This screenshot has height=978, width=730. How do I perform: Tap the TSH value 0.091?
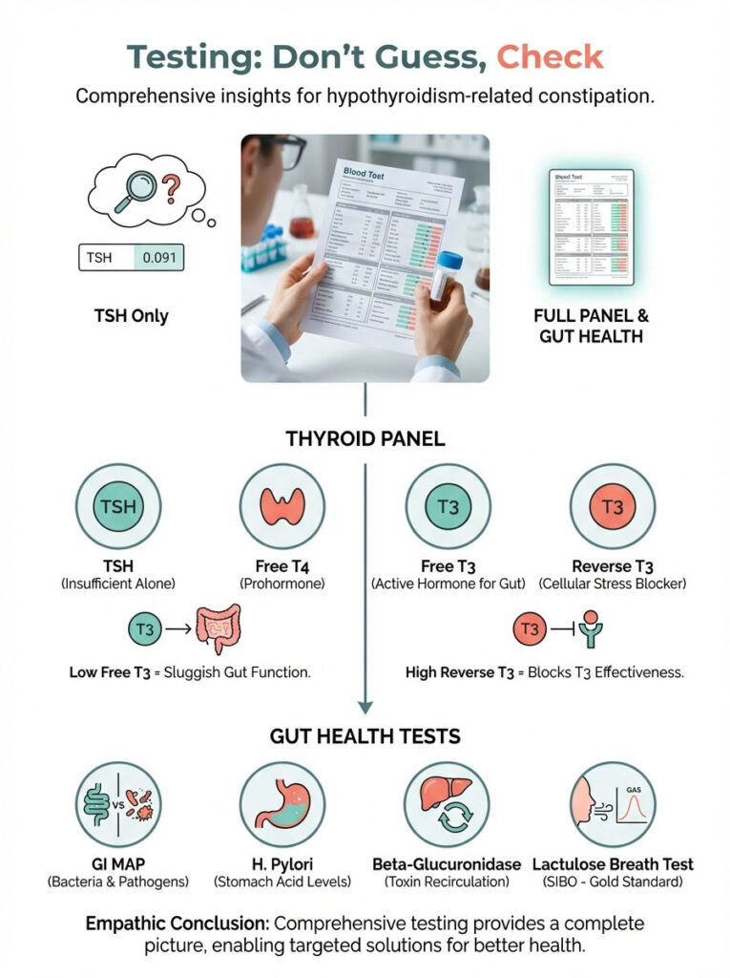pyautogui.click(x=157, y=257)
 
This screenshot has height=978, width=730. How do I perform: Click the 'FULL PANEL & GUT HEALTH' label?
pyautogui.click(x=592, y=327)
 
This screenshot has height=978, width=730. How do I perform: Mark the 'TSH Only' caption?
pyautogui.click(x=131, y=314)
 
